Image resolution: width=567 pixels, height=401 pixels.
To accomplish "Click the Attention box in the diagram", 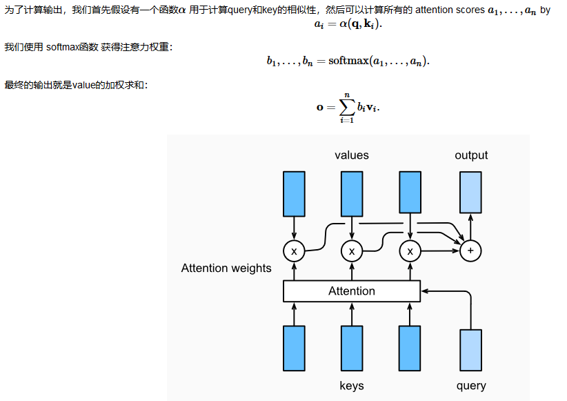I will point(352,291).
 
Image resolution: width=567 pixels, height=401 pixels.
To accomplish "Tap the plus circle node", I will point(470,251).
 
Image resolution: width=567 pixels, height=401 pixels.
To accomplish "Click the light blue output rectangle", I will point(470,192).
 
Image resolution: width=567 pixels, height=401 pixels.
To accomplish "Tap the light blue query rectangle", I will point(470,350).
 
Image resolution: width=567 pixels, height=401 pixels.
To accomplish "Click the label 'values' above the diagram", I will point(352,155).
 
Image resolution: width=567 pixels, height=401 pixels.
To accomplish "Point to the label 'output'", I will point(471,155).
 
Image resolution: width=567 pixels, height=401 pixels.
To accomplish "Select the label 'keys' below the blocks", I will point(352,385).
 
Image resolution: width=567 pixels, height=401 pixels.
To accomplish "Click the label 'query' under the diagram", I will point(471,385).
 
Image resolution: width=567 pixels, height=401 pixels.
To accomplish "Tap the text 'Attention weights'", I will point(226,268).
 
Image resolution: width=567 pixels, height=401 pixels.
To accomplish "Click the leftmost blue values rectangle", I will point(294,193).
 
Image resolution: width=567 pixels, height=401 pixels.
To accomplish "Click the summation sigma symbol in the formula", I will point(346,107).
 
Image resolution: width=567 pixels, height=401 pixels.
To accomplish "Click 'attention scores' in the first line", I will point(445,10).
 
